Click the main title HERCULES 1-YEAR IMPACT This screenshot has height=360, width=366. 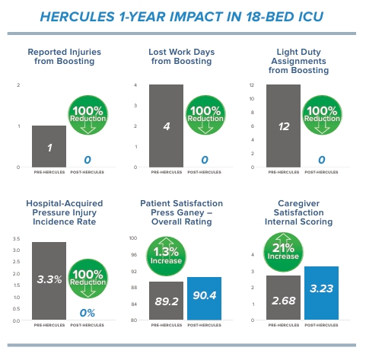click(183, 15)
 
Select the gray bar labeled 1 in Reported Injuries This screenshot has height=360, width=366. click(49, 146)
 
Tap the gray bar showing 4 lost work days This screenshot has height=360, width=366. click(166, 126)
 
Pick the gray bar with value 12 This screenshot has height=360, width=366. click(283, 126)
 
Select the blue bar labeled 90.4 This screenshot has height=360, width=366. click(204, 299)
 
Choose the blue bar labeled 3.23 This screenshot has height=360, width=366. click(321, 294)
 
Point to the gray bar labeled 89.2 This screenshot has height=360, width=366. click(166, 301)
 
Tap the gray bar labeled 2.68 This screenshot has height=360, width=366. click(283, 298)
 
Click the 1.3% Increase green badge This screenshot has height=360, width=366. click(167, 253)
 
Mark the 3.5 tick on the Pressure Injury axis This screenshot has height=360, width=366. click(16, 240)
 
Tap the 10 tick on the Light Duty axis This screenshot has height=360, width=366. click(250, 99)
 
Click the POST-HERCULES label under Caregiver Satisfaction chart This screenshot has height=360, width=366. click(321, 325)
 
